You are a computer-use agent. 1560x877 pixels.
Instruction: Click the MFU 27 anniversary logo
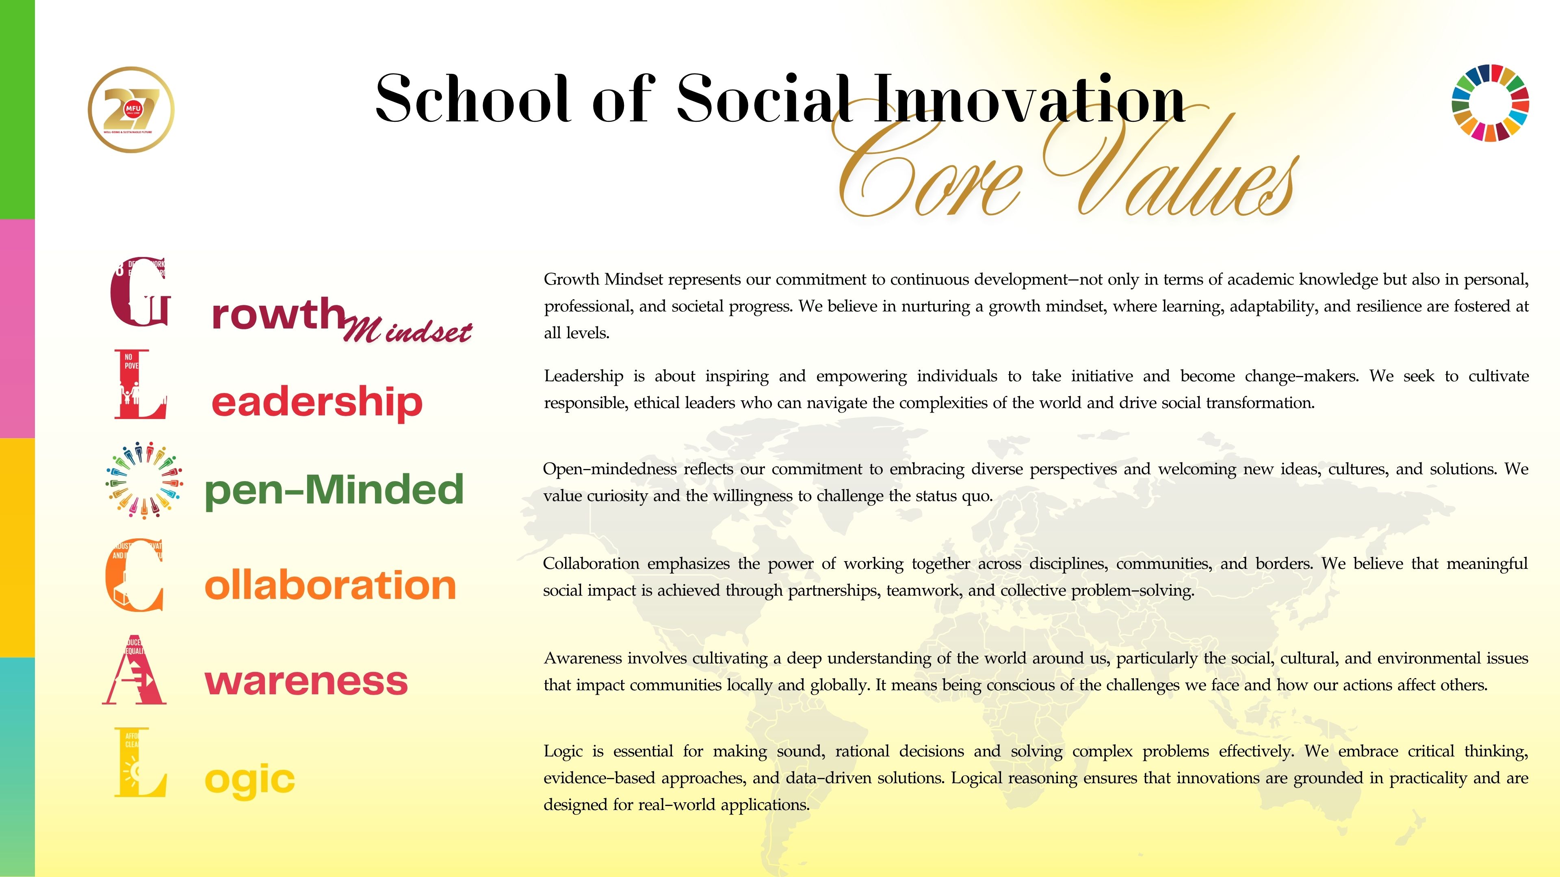131,110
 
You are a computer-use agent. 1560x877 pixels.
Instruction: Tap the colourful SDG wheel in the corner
1491,103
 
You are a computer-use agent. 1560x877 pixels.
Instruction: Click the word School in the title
473,99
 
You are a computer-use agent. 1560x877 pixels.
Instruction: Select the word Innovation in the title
1029,99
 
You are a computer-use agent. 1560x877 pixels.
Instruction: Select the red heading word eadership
317,402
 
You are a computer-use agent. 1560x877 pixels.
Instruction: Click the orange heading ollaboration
330,586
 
